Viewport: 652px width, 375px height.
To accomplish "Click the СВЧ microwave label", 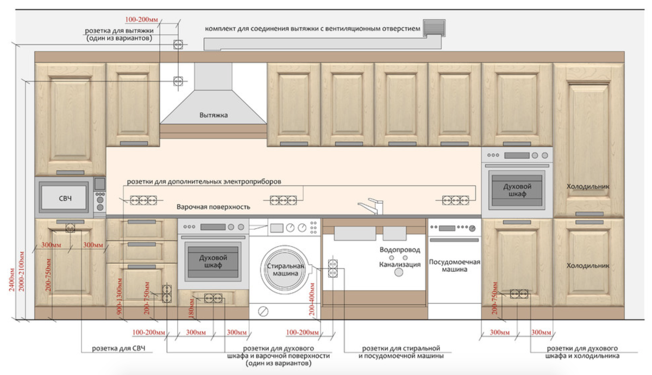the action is point(65,198).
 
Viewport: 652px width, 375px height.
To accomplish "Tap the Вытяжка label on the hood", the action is point(214,115).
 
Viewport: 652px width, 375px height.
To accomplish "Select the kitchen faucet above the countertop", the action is point(371,207).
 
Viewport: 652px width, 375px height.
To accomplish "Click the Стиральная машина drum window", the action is point(285,270).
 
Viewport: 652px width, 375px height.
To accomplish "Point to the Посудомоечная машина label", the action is point(454,266).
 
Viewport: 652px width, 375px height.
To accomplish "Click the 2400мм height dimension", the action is point(11,279).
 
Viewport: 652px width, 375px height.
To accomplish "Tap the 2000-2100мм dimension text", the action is point(21,271).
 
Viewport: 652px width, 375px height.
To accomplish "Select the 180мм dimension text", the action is point(191,308).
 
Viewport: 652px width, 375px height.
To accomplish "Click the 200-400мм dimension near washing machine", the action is point(312,299).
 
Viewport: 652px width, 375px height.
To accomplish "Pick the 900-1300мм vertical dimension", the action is point(120,296).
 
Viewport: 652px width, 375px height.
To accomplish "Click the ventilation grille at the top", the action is point(434,28).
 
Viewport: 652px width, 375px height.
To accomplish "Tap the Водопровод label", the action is point(400,250).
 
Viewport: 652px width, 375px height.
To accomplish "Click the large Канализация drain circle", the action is point(398,272).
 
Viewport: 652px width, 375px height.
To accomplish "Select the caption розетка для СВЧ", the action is point(118,348).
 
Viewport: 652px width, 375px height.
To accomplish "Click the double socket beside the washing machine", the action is point(333,268).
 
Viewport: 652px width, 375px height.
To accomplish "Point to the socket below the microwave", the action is point(70,228).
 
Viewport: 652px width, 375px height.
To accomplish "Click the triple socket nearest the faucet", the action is point(455,201).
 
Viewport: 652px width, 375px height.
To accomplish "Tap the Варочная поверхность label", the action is point(214,207).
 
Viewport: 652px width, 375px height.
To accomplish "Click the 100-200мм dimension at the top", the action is point(141,20).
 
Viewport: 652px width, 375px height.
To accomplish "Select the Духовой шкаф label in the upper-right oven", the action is point(517,190).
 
